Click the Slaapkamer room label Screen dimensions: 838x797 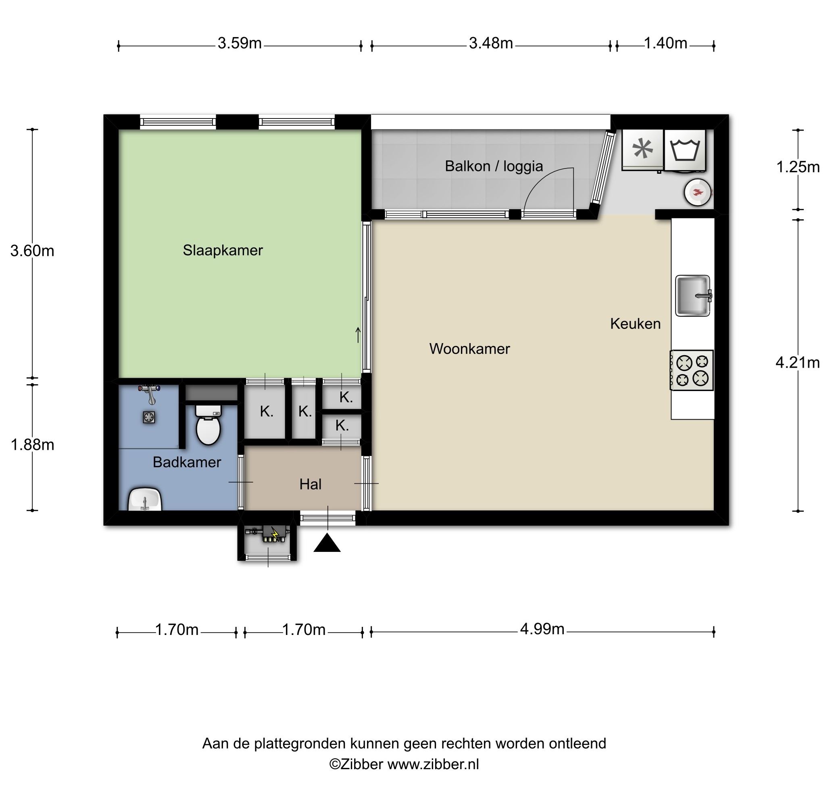tap(223, 250)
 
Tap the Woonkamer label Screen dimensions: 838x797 tap(469, 349)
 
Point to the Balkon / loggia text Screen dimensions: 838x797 tap(494, 166)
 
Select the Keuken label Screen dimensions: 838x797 tap(635, 324)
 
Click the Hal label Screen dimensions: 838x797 tap(310, 484)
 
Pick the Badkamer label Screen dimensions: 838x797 tap(187, 462)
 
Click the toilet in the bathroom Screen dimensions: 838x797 tap(208, 425)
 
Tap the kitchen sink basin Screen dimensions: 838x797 tap(693, 295)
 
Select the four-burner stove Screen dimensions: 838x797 tap(691, 370)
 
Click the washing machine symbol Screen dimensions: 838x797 tap(685, 150)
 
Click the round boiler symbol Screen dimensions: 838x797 tap(697, 192)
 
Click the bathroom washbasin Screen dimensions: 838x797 tap(145, 499)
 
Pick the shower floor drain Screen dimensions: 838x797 tap(149, 418)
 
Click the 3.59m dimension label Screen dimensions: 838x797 tap(240, 43)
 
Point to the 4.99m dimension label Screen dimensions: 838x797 tap(542, 629)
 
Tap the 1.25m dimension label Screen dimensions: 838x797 tap(798, 167)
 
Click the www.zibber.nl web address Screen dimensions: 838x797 tap(433, 764)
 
